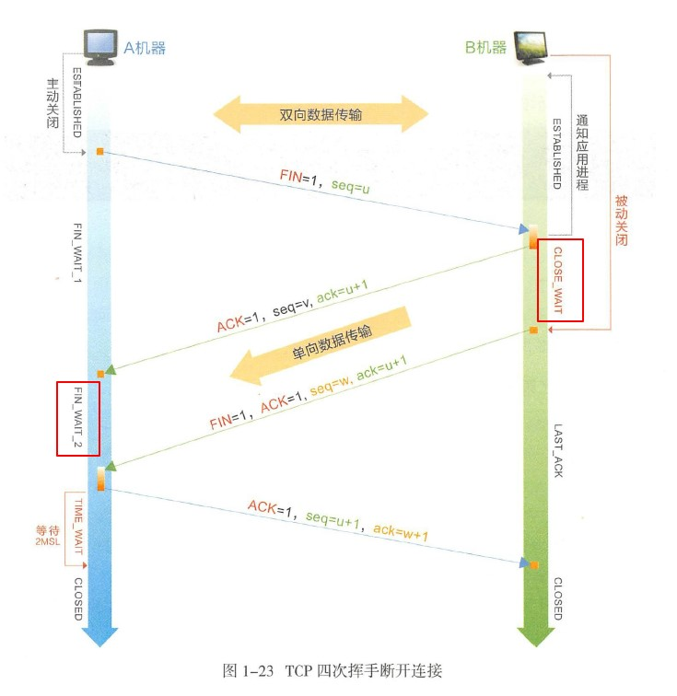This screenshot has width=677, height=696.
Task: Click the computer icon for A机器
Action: click(100, 46)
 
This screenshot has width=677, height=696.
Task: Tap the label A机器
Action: click(145, 47)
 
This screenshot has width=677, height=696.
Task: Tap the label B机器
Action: click(486, 47)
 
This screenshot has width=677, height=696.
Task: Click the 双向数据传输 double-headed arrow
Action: click(321, 115)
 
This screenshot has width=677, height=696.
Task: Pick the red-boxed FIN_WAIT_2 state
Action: click(77, 418)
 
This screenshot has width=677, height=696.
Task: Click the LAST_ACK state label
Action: click(558, 450)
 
